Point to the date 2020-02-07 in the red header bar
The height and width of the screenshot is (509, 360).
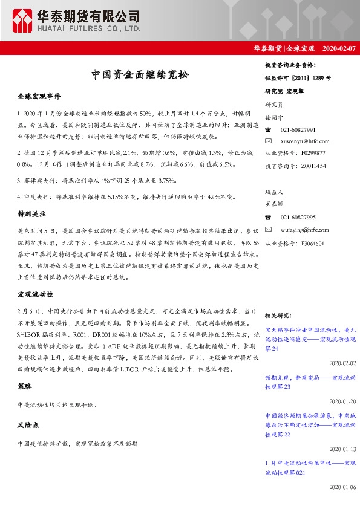click(339, 48)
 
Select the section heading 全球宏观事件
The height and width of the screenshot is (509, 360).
click(40, 96)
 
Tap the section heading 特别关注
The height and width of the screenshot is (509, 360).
click(31, 214)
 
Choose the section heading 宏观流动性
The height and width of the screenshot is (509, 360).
click(36, 294)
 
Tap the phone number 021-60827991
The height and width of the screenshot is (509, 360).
click(298, 129)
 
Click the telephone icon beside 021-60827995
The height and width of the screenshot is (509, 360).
click(269, 217)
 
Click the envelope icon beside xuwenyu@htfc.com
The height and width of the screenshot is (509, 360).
click(269, 140)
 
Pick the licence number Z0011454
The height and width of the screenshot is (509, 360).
click(313, 165)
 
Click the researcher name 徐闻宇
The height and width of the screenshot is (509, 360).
click(274, 118)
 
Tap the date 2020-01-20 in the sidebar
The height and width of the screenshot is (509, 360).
click(344, 401)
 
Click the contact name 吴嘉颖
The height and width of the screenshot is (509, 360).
click(274, 206)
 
